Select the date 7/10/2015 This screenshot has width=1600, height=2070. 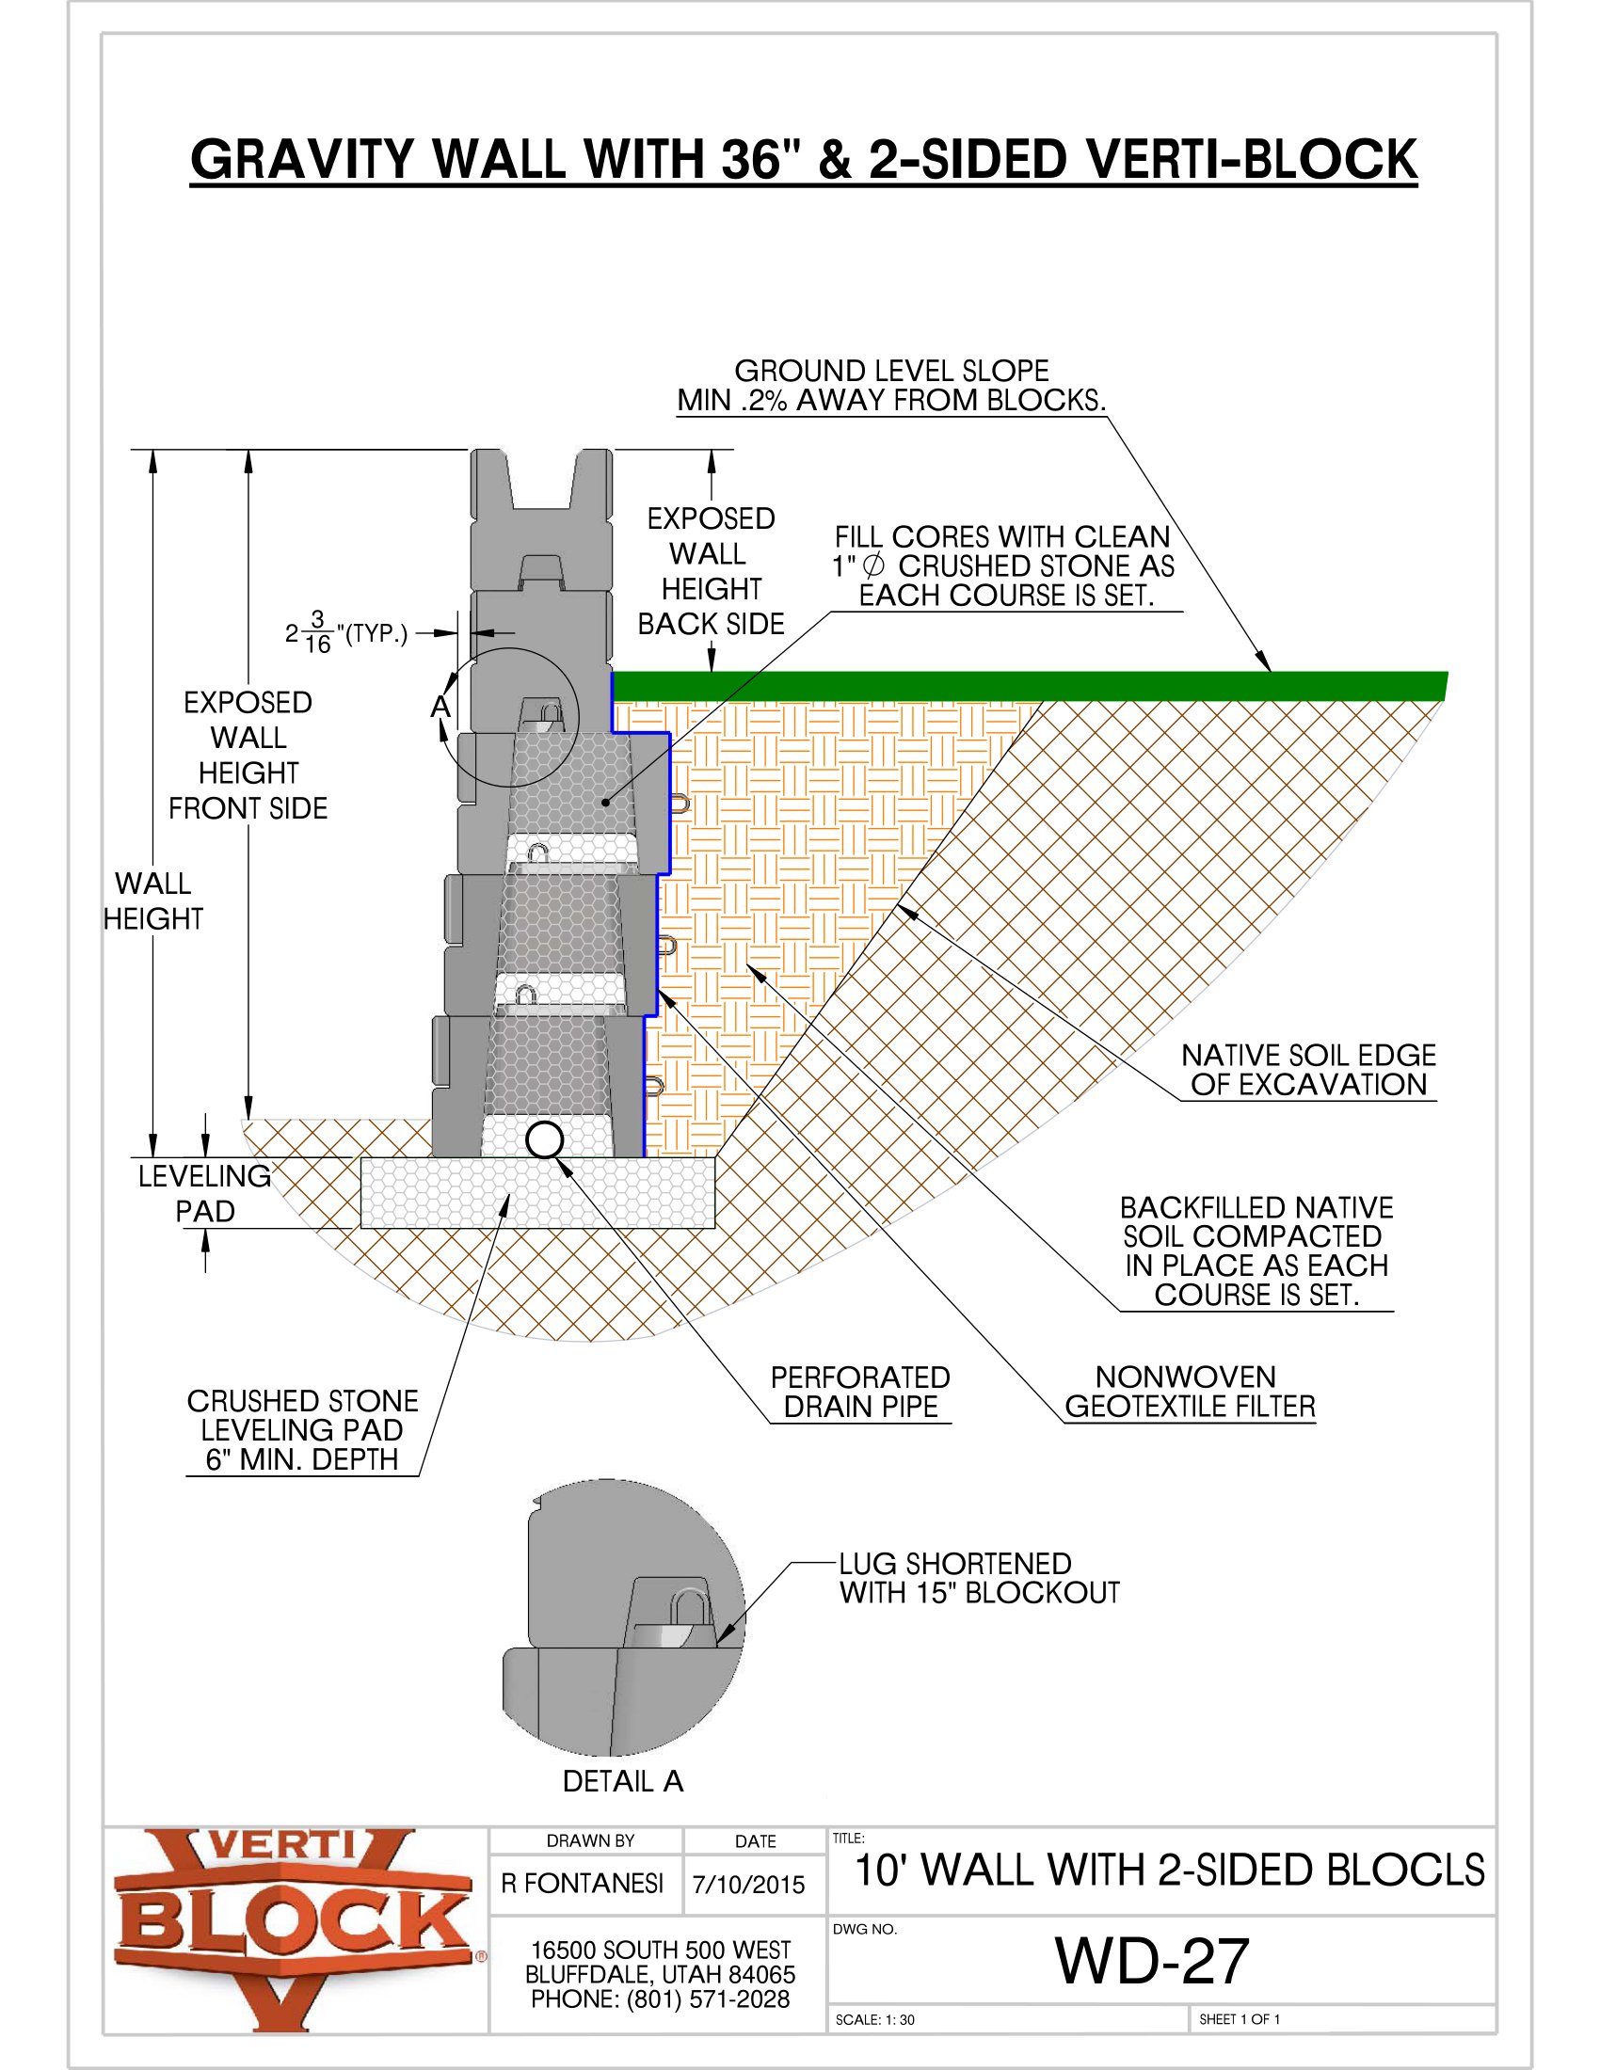(x=748, y=1886)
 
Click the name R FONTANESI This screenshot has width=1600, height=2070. (x=582, y=1884)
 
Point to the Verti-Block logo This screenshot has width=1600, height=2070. (x=294, y=1931)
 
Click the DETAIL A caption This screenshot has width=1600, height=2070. (x=623, y=1781)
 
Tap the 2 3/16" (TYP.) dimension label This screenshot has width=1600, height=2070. (x=346, y=633)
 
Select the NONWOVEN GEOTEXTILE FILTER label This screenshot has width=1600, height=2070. (x=1190, y=1392)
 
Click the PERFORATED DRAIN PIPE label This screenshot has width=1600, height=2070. (x=859, y=1392)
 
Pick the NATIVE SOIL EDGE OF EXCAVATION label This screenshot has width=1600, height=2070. (x=1308, y=1070)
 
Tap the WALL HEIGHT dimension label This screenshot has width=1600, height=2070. (x=152, y=900)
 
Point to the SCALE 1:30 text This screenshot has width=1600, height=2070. (x=874, y=2020)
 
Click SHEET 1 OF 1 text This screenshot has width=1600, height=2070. (x=1239, y=2019)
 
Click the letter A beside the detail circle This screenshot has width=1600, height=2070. (x=440, y=706)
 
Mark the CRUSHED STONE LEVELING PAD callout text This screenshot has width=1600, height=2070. (x=302, y=1429)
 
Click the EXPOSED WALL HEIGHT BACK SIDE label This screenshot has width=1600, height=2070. (x=711, y=570)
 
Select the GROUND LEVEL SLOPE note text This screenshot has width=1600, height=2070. (x=891, y=385)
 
